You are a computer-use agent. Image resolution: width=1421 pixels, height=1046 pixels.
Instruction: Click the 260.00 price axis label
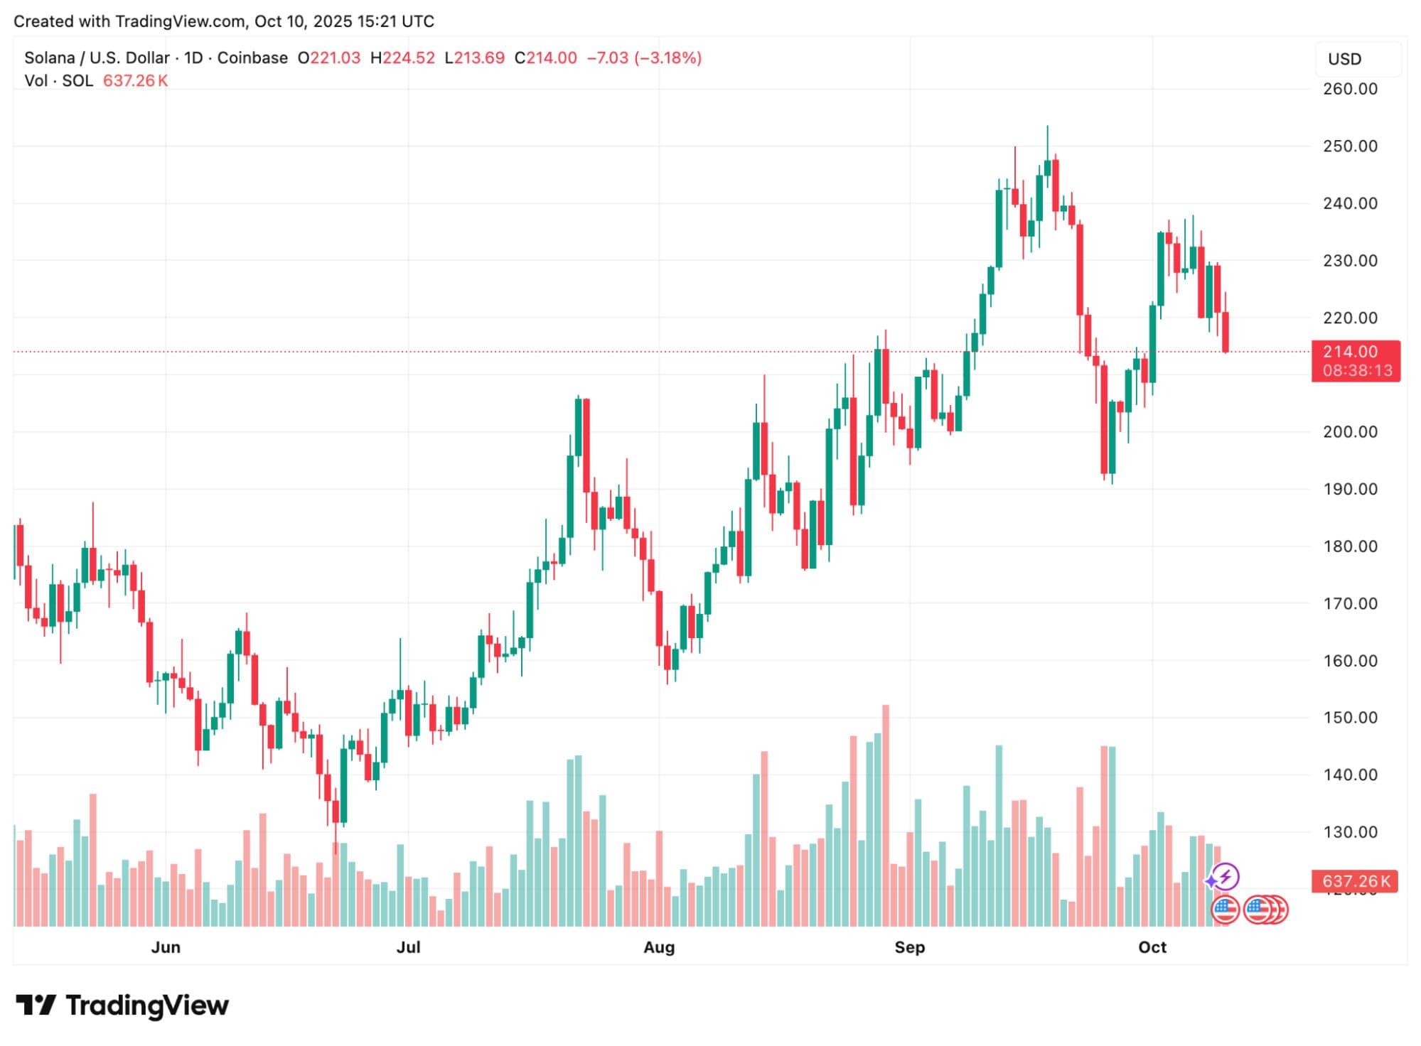pos(1349,89)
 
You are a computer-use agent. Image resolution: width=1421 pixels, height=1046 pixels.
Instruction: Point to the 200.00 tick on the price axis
pos(1349,432)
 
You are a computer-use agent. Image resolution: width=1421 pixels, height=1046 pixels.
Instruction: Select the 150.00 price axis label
pos(1349,718)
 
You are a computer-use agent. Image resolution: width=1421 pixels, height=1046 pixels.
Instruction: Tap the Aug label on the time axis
pos(658,947)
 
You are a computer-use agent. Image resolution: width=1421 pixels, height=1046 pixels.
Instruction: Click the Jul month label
pos(408,947)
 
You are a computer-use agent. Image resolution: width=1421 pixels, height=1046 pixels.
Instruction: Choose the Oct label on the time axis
pos(1152,947)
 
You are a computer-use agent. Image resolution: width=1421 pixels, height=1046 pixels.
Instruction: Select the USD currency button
pos(1344,59)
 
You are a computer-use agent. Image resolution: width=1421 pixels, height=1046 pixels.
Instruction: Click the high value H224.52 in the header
pos(402,58)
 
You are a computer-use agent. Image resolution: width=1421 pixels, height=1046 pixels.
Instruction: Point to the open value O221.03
pos(329,58)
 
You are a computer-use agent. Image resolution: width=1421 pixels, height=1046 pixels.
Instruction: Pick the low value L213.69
pos(475,58)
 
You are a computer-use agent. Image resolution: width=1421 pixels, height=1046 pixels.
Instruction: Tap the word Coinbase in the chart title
pos(252,58)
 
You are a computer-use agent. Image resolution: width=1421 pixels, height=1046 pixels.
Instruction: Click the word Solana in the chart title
pos(49,58)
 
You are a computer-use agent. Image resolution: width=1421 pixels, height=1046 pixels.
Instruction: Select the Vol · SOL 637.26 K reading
pos(96,80)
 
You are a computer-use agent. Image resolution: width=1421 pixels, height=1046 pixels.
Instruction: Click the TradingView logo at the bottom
pos(122,1005)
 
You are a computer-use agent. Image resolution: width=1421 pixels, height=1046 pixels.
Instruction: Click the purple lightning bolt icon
pos(1226,877)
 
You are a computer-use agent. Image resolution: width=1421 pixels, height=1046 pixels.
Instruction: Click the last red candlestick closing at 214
pos(1226,332)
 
